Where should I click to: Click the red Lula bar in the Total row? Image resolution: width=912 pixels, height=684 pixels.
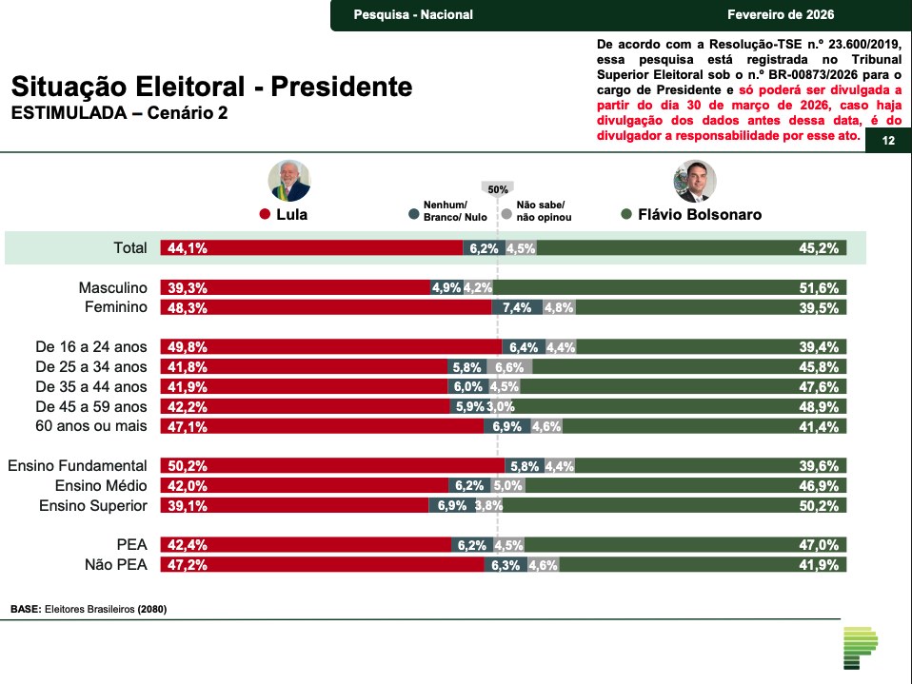[314, 248]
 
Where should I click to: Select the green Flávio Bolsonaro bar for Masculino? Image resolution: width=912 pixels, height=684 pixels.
[666, 287]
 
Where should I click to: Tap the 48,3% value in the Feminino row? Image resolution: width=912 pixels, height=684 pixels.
[188, 308]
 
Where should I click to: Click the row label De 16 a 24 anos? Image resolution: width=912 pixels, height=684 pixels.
[91, 347]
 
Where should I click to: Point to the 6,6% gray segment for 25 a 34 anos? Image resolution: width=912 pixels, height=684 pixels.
[509, 367]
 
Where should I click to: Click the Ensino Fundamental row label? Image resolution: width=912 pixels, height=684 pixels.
[77, 466]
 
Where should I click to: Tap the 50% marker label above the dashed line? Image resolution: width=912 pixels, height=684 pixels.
[498, 189]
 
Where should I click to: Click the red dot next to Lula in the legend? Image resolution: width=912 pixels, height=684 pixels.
[266, 215]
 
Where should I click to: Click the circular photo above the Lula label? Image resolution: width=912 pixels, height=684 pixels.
[289, 181]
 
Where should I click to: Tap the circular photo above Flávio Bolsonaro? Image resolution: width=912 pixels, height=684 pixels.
[695, 181]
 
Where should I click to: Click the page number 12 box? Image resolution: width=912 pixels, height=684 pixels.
[888, 142]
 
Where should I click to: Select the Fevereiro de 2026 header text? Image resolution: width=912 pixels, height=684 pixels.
[780, 14]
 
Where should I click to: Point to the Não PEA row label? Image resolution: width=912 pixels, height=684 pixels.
[117, 565]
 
